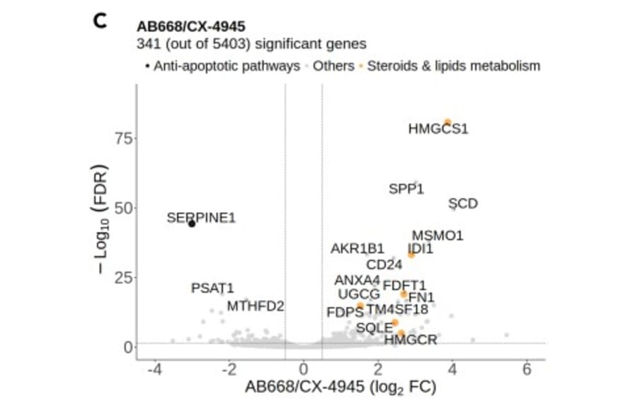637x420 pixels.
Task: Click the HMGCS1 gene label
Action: pyautogui.click(x=438, y=129)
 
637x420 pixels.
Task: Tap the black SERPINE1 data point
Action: pyautogui.click(x=191, y=223)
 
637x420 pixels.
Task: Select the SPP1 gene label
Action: pyautogui.click(x=406, y=189)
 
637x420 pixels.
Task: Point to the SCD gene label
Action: pyautogui.click(x=464, y=204)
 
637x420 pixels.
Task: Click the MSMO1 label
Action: pyautogui.click(x=437, y=235)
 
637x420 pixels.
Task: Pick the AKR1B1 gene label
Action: pyautogui.click(x=357, y=249)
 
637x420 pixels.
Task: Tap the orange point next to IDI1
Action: pyautogui.click(x=411, y=254)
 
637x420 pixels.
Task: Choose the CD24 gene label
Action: pyautogui.click(x=384, y=265)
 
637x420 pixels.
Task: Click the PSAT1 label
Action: pyautogui.click(x=212, y=288)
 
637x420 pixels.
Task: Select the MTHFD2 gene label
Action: pyautogui.click(x=256, y=306)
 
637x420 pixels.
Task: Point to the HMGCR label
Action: pyautogui.click(x=411, y=340)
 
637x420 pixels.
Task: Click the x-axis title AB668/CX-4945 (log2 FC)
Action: pyautogui.click(x=340, y=387)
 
